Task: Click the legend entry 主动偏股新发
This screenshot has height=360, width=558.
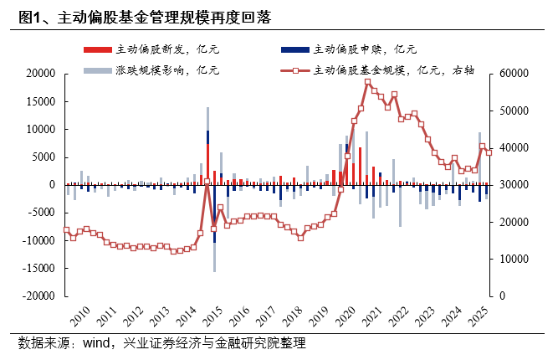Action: (x=155, y=51)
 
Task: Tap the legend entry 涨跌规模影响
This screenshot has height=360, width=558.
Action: (x=155, y=70)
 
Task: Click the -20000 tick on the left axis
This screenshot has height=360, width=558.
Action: (x=37, y=296)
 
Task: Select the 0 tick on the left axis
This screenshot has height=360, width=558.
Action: (x=52, y=185)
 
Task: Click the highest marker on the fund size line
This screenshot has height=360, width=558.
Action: (x=368, y=82)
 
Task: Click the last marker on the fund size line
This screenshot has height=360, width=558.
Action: (x=489, y=152)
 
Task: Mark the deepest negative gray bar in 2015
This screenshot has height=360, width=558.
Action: (x=214, y=270)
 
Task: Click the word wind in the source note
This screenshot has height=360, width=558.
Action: (x=100, y=343)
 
